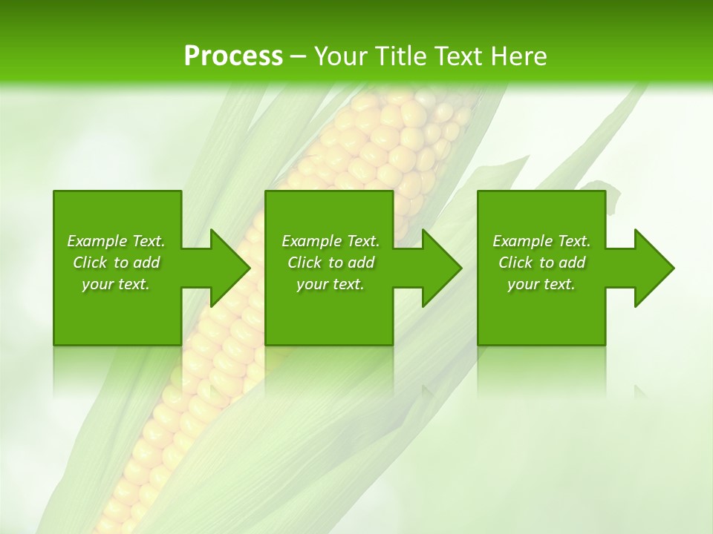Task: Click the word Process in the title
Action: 233,56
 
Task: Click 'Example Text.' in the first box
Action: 116,241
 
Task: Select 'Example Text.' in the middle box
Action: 331,241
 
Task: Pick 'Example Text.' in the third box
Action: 541,241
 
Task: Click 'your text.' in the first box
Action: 116,284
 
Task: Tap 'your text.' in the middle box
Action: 331,284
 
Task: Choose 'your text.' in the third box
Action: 541,284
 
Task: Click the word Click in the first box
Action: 90,263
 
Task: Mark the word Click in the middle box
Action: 305,263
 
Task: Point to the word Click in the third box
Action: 515,263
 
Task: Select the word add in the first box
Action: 146,263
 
